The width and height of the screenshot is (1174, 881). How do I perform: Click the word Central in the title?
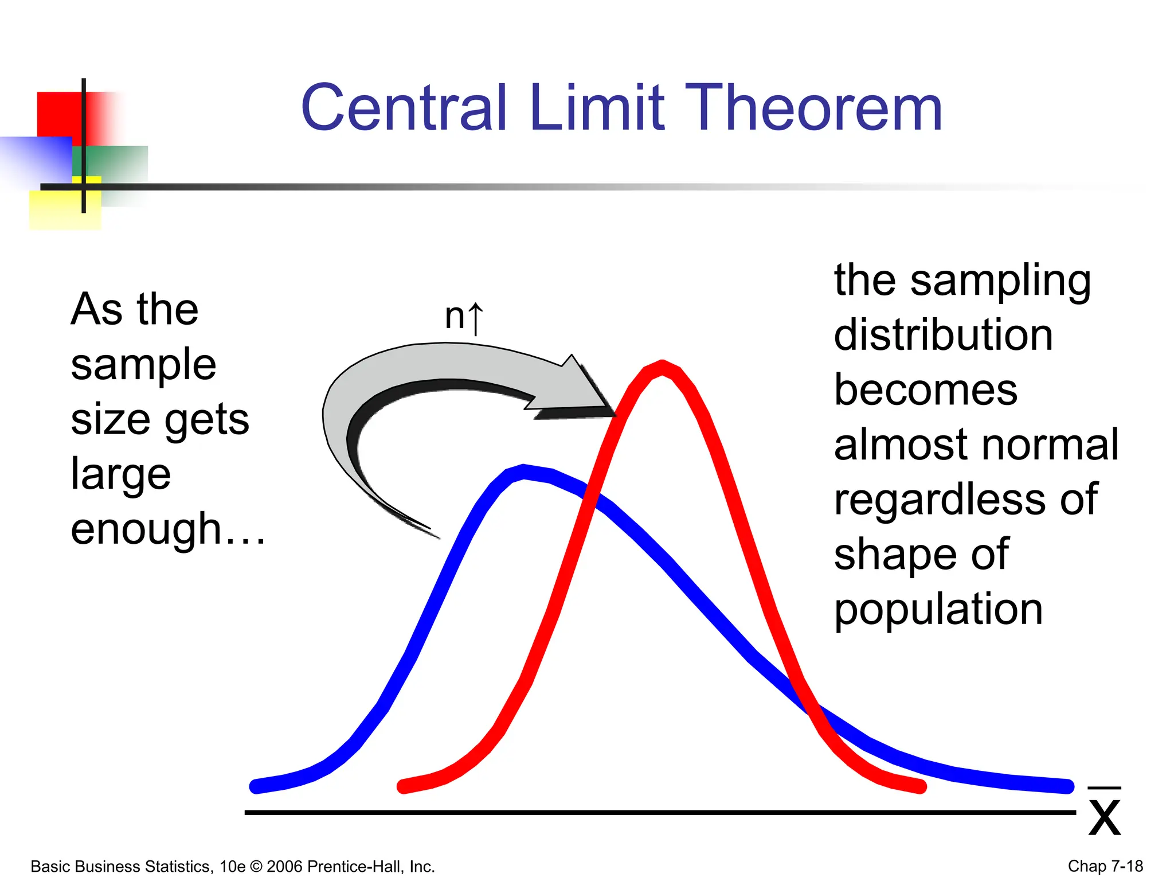pyautogui.click(x=404, y=108)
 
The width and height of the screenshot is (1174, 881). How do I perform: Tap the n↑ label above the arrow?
pyautogui.click(x=464, y=317)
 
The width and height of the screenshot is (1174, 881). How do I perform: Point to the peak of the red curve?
pyautogui.click(x=662, y=367)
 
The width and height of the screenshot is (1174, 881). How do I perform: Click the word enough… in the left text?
pyautogui.click(x=167, y=529)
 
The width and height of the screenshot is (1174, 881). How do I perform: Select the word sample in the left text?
pyautogui.click(x=143, y=365)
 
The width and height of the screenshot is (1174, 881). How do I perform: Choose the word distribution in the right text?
pyautogui.click(x=943, y=335)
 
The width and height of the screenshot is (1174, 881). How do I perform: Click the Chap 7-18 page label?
pyautogui.click(x=1105, y=866)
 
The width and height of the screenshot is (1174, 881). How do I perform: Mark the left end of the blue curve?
pyautogui.click(x=256, y=786)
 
